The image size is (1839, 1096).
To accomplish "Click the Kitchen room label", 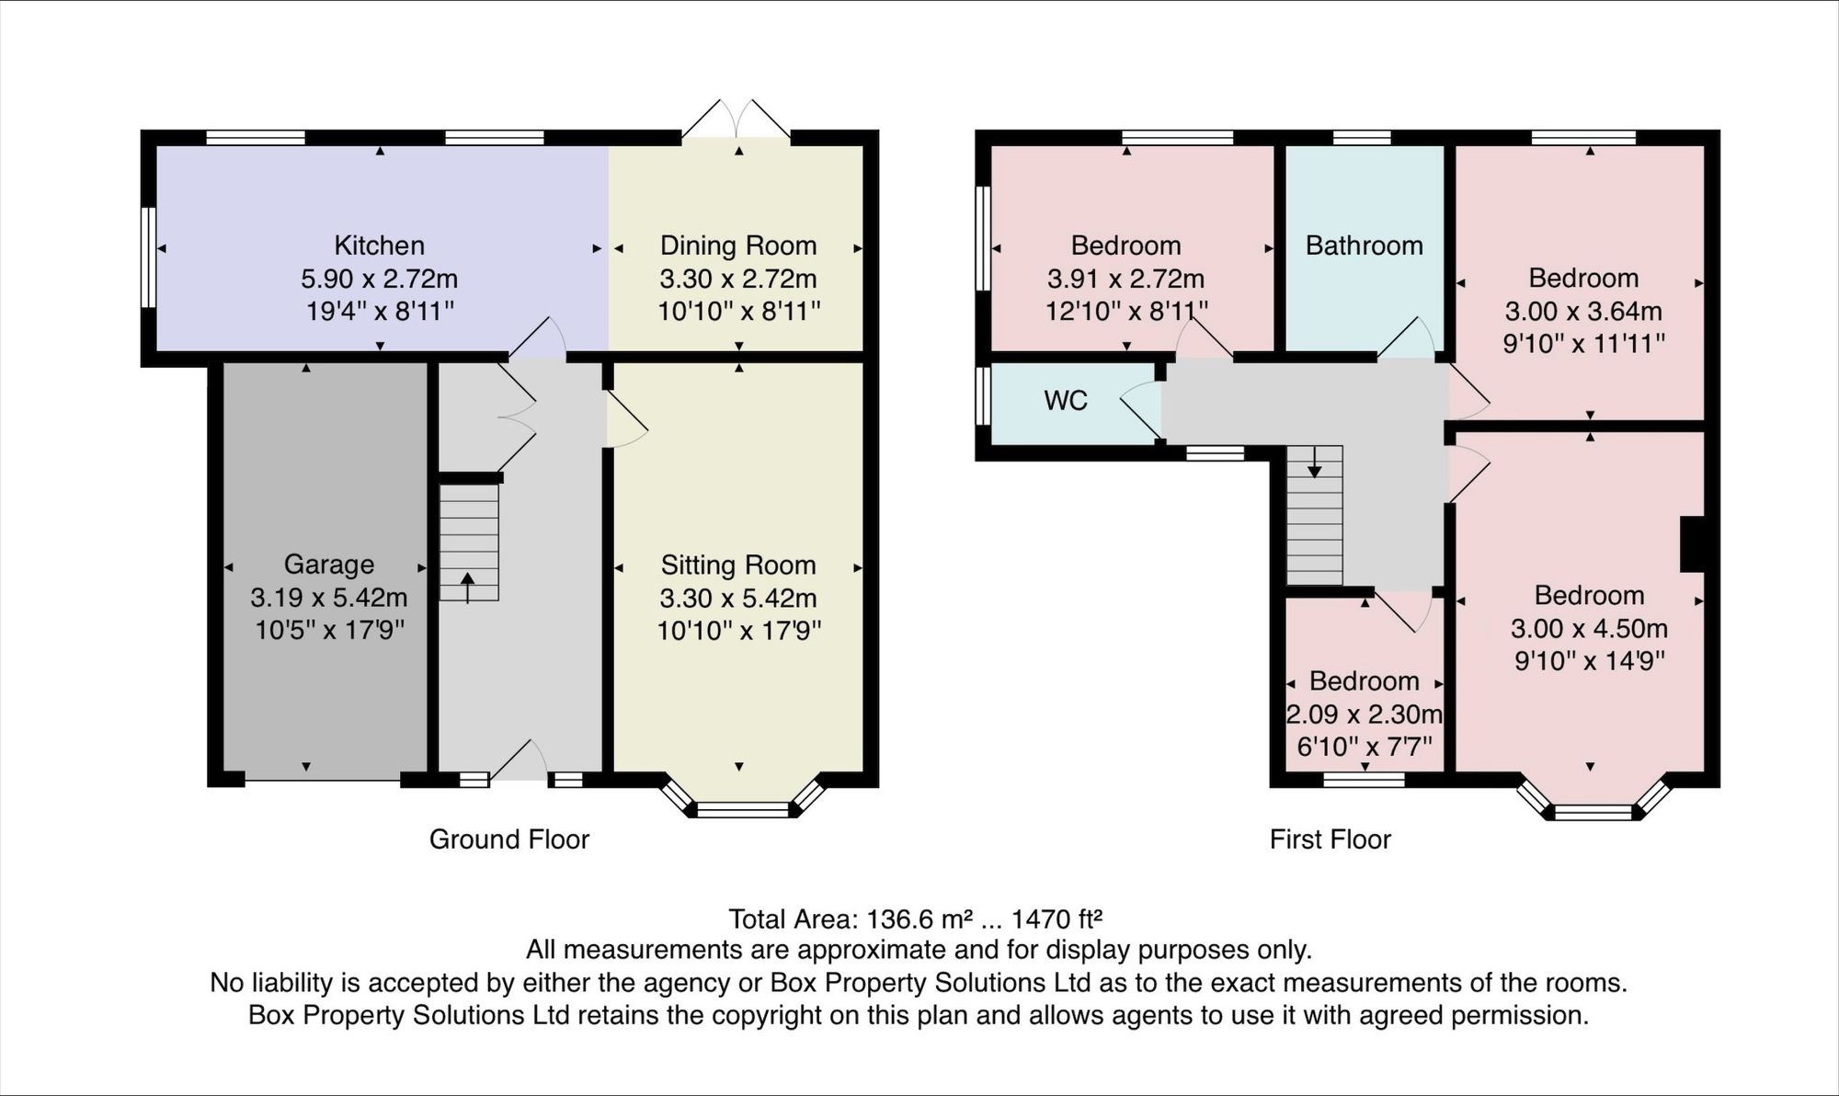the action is pyautogui.click(x=379, y=245).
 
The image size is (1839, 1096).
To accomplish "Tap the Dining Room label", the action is pyautogui.click(x=738, y=245).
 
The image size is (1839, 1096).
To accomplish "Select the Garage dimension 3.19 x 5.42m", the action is pyautogui.click(x=329, y=598).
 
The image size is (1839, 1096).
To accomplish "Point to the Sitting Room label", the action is pyautogui.click(x=738, y=565).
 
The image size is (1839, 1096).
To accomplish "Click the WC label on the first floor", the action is pyautogui.click(x=1066, y=400).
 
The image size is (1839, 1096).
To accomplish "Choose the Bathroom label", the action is pyautogui.click(x=1365, y=245).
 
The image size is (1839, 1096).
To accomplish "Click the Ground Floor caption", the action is pyautogui.click(x=509, y=839).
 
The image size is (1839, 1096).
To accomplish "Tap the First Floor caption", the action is pyautogui.click(x=1331, y=839).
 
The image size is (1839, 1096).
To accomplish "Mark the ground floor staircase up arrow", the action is pyautogui.click(x=468, y=587).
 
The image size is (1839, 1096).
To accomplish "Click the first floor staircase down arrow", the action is pyautogui.click(x=1315, y=462).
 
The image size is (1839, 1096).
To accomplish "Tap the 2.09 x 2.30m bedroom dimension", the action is pyautogui.click(x=1365, y=714).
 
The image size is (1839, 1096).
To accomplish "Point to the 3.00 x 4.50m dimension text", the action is pyautogui.click(x=1589, y=628).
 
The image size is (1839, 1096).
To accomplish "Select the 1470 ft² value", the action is pyautogui.click(x=1057, y=919).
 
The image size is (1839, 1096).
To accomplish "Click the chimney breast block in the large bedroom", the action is pyautogui.click(x=1693, y=544).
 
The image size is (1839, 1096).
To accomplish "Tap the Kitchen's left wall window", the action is pyautogui.click(x=147, y=257).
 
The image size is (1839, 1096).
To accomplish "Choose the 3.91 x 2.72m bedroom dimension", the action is pyautogui.click(x=1125, y=279).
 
